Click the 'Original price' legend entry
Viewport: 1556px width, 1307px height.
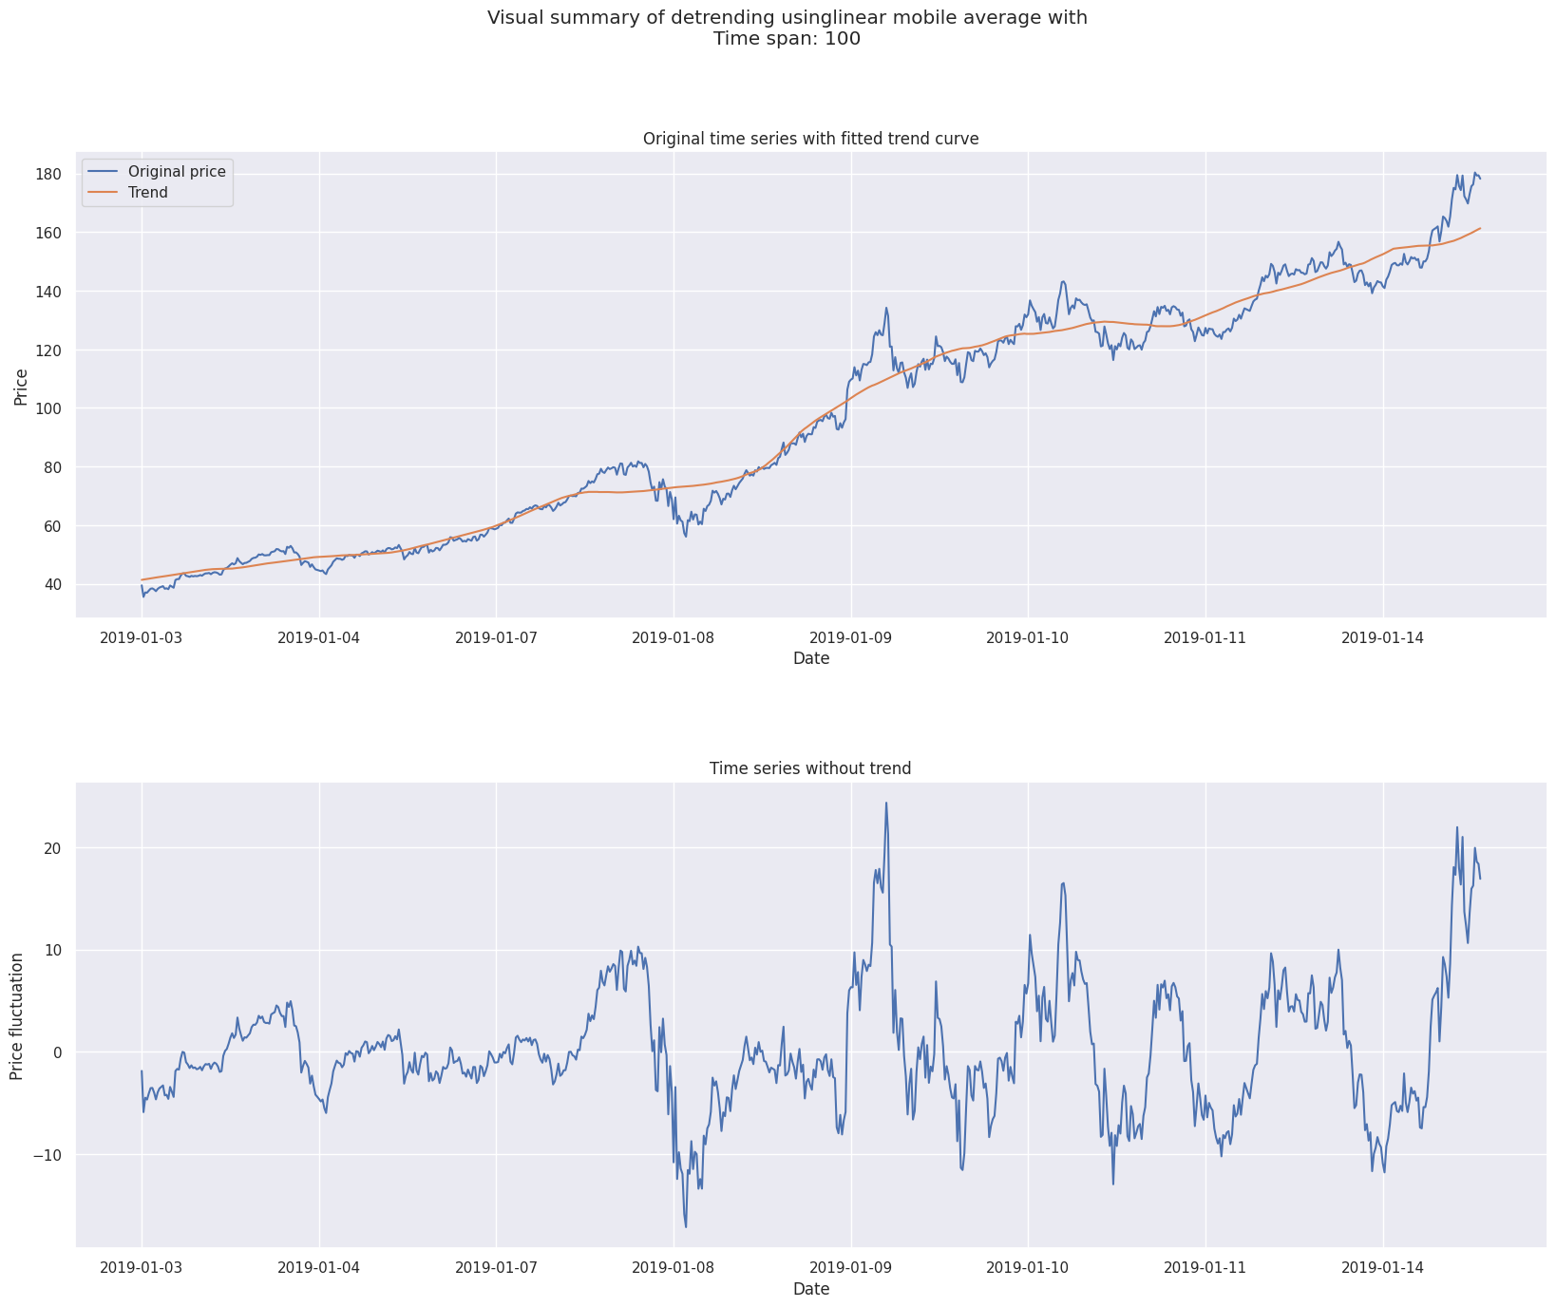pyautogui.click(x=177, y=172)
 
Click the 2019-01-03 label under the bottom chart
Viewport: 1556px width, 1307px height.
pyautogui.click(x=142, y=1267)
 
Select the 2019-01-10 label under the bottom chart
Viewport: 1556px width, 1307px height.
pyautogui.click(x=1028, y=1267)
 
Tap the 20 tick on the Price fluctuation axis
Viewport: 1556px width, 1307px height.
pyautogui.click(x=53, y=848)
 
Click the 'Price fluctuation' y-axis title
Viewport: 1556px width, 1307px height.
pyautogui.click(x=17, y=1015)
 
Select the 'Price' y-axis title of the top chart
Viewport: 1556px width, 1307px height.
pyautogui.click(x=21, y=386)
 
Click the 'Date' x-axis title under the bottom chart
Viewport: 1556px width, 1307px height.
pyautogui.click(x=811, y=1289)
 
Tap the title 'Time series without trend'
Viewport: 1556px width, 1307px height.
pyautogui.click(x=810, y=768)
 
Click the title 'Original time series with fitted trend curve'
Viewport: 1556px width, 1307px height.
pyautogui.click(x=810, y=139)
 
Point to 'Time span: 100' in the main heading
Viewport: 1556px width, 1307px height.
pyautogui.click(x=787, y=39)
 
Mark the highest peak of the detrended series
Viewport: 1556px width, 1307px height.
pyautogui.click(x=886, y=803)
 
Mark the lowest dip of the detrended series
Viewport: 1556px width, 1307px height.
pyautogui.click(x=686, y=1226)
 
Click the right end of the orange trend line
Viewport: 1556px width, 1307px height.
pyautogui.click(x=1480, y=228)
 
